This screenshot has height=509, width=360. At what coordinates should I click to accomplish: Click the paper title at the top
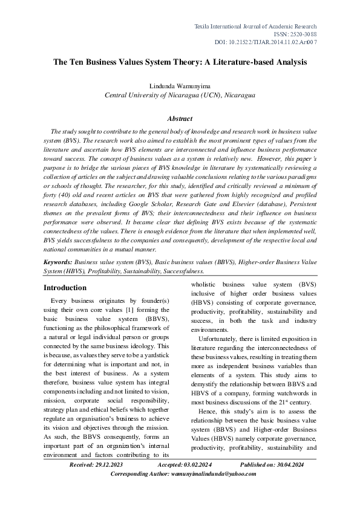(180, 62)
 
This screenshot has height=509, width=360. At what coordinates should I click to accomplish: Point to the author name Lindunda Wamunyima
(180, 86)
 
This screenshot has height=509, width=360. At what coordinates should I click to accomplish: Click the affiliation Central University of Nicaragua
(180, 95)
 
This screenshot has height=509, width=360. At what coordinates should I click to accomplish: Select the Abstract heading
(180, 118)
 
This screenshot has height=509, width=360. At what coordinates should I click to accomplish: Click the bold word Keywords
(58, 263)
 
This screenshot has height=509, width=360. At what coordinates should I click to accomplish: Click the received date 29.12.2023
(108, 481)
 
